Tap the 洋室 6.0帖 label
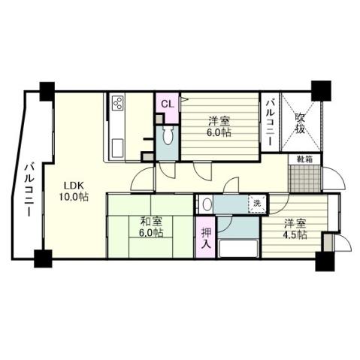pyautogui.click(x=219, y=126)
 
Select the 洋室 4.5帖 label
pyautogui.click(x=295, y=229)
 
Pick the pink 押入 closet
pyautogui.click(x=206, y=238)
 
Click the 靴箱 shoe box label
pyautogui.click(x=304, y=159)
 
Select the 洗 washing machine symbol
pyautogui.click(x=256, y=203)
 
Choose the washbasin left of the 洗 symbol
pyautogui.click(x=206, y=203)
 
